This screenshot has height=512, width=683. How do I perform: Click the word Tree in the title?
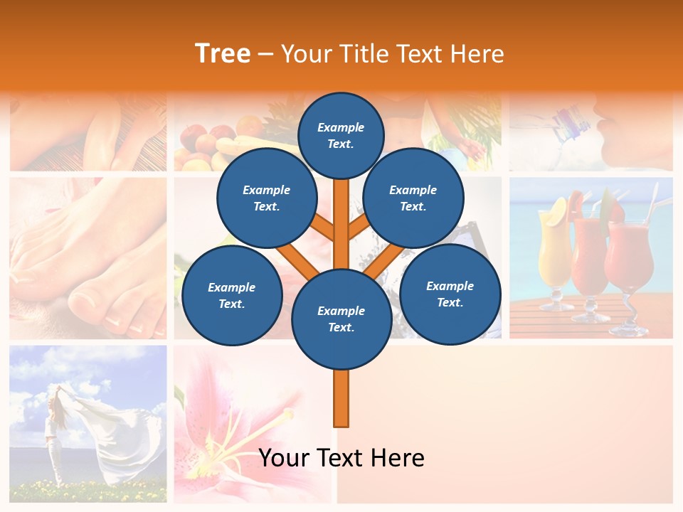pos(223,53)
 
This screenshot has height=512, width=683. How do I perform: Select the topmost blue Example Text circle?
pos(341,135)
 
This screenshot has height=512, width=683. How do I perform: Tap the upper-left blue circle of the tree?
pos(266,198)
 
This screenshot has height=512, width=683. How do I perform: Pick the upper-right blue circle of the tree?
pos(413,198)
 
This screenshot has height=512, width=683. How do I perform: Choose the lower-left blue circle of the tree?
pos(232,296)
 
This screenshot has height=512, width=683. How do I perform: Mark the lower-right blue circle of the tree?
pos(450,294)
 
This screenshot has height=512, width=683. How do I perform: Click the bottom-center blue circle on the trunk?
pos(341,319)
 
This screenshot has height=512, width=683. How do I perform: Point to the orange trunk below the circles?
pos(341,398)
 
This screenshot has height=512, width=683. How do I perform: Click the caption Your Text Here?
pos(341,458)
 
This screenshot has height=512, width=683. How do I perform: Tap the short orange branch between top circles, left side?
pos(324,228)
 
